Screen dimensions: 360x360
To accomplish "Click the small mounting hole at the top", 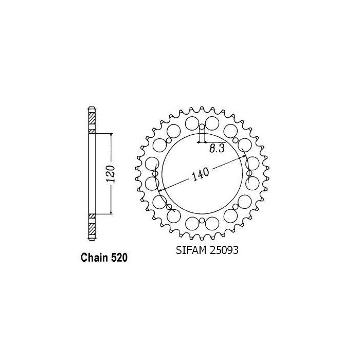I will pyautogui.click(x=203, y=127).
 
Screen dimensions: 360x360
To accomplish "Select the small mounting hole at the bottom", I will pyautogui.click(x=203, y=222).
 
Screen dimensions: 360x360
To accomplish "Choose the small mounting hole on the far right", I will pyautogui.click(x=250, y=174).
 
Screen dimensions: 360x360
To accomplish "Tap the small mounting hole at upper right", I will pyautogui.click(x=236, y=140).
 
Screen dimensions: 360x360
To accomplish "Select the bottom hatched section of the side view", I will pyautogui.click(x=92, y=227).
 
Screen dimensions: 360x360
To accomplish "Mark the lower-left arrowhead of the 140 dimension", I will pyautogui.click(x=160, y=191).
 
